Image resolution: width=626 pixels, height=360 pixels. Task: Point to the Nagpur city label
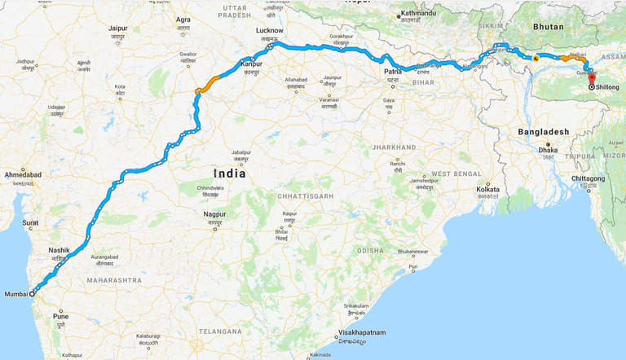pos(214,213)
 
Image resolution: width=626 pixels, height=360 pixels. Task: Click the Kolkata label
pos(487,189)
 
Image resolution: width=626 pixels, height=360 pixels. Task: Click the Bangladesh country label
pos(543,131)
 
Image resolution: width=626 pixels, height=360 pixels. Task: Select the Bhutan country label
pos(549,27)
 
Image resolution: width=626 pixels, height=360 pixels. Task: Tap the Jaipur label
pos(118,29)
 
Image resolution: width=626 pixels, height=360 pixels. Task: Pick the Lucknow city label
pos(269,30)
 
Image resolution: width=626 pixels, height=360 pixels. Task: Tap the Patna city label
pos(393,72)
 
